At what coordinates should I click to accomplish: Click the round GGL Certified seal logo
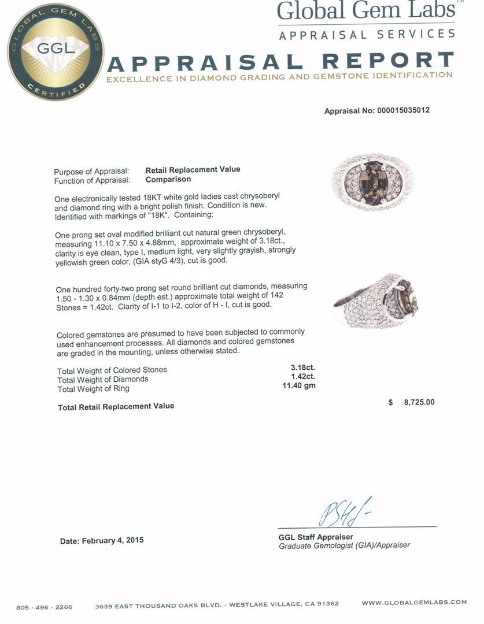coord(56,52)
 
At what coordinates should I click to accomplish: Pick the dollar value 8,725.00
coord(412,402)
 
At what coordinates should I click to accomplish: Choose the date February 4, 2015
coord(102,541)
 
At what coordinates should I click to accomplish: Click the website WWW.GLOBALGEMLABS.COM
coord(414,603)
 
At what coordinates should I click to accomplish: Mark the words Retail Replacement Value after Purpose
coord(193,170)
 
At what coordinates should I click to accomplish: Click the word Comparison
coord(168,179)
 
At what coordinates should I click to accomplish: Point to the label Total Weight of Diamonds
coord(103,380)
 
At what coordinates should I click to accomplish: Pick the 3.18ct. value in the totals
coord(302,367)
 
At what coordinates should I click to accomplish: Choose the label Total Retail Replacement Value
coord(116,407)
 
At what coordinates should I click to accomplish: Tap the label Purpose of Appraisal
coord(91,172)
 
